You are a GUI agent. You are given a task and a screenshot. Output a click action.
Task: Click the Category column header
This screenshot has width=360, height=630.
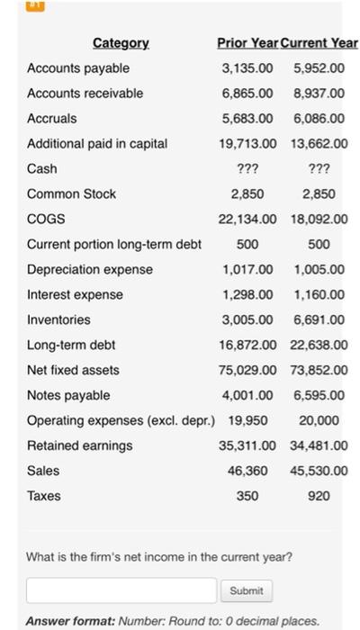122,43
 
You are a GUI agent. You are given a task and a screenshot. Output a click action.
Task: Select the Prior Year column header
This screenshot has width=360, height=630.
249,43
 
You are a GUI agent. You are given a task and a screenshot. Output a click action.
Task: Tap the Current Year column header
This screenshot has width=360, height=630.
319,43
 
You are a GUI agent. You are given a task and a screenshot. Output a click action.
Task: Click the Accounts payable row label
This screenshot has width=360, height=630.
78,68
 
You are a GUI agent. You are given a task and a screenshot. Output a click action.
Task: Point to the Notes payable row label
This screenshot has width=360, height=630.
68,395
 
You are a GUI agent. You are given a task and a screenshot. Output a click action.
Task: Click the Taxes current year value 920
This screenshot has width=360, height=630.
319,496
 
